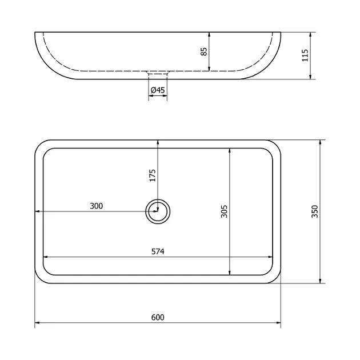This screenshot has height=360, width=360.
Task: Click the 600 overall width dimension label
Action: (158, 317)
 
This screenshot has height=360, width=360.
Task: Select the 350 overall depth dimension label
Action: (315, 211)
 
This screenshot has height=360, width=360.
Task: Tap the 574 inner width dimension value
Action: (158, 251)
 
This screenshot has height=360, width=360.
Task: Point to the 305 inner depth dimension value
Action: (224, 211)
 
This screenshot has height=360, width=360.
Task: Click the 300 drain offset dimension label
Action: (96, 206)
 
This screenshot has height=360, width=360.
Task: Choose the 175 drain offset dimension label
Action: (153, 175)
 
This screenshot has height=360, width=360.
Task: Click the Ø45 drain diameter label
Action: (158, 90)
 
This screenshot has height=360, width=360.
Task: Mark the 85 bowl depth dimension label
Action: (203, 51)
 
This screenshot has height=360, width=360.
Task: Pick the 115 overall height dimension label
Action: (305, 55)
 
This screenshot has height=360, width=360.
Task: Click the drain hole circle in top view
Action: (158, 199)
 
